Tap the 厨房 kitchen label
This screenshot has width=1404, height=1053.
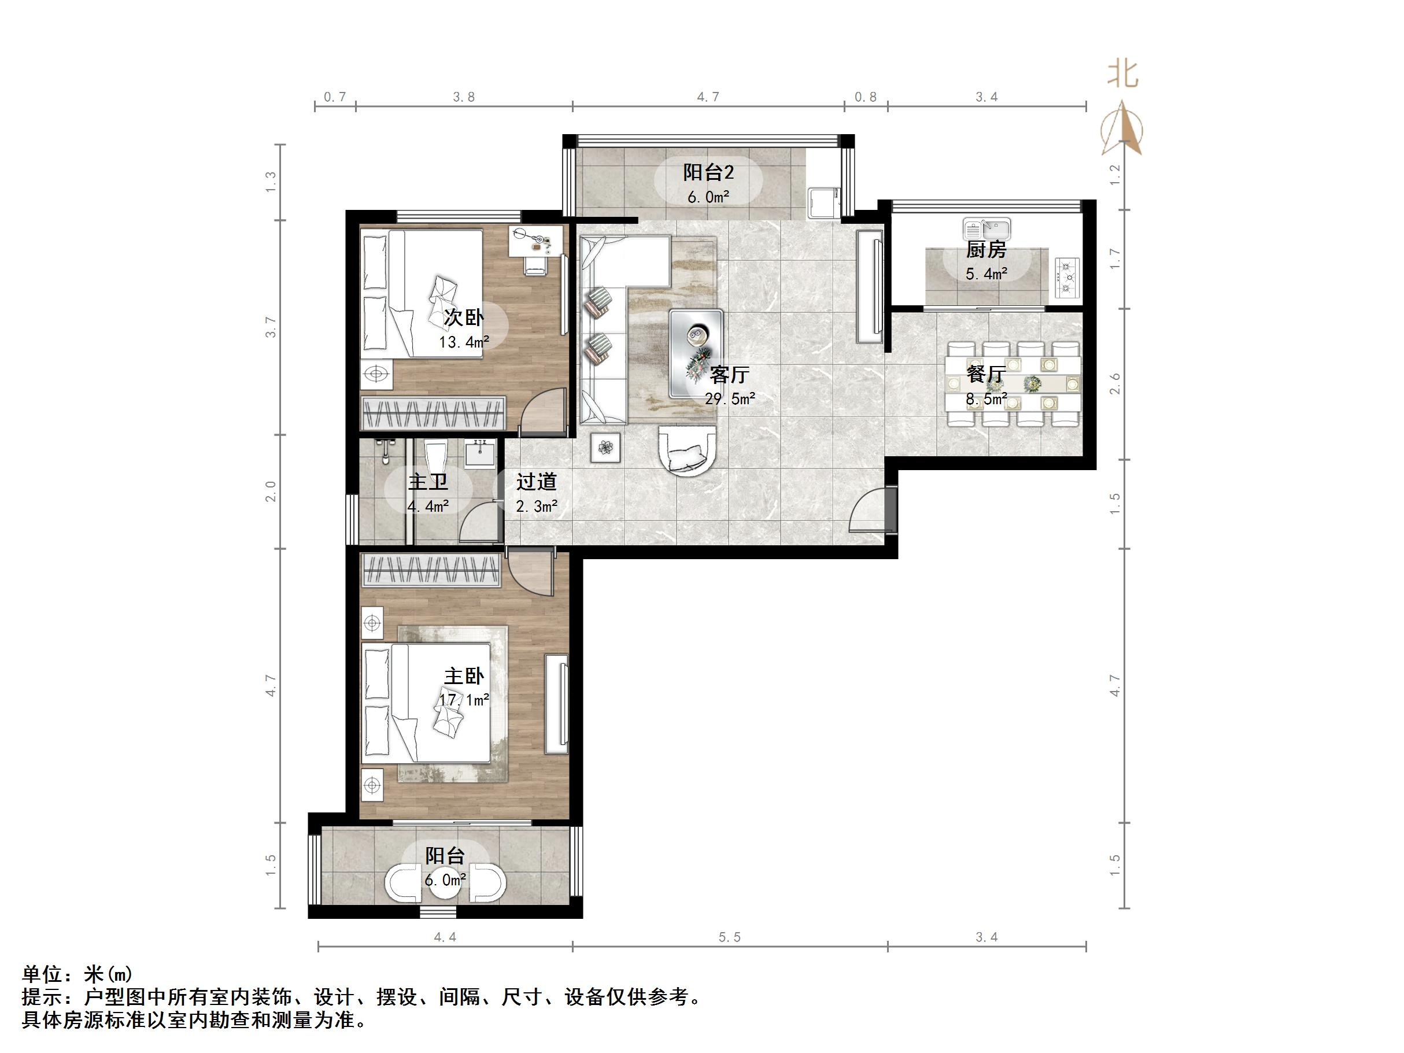(x=986, y=249)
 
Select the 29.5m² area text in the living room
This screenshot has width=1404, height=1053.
(x=730, y=398)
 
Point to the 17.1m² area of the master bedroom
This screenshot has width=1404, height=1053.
(x=464, y=700)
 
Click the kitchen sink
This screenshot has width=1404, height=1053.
(x=987, y=228)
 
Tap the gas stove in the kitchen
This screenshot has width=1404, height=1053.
(x=1067, y=278)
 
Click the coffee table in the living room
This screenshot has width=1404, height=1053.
(x=696, y=353)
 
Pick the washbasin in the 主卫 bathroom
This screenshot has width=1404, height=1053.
(x=481, y=453)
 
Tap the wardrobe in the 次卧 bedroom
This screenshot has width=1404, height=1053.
(x=433, y=413)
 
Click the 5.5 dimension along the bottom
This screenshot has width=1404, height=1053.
(x=729, y=937)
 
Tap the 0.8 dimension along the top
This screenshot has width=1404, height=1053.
(x=865, y=97)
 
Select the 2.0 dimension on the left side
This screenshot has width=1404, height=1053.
(x=271, y=492)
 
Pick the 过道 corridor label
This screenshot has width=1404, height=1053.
(x=537, y=482)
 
